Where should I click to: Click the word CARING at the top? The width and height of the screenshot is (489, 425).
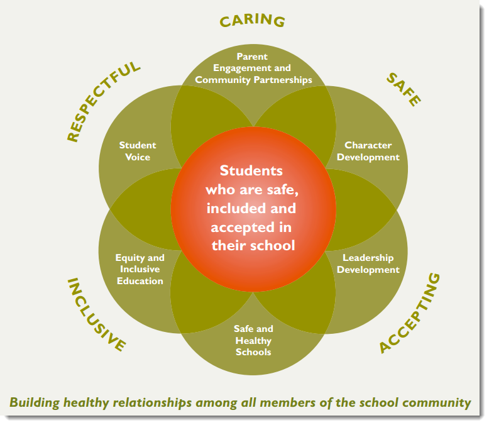point(252,20)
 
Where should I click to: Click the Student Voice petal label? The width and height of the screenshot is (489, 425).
point(138,151)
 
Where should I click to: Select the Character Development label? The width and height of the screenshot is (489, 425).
point(368,151)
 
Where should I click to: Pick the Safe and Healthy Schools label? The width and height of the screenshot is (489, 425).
point(253,340)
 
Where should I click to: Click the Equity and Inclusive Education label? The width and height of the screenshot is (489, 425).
point(140,269)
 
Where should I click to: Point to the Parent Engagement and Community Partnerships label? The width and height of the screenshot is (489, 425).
point(253,68)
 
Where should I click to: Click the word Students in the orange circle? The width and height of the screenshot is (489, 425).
point(251,170)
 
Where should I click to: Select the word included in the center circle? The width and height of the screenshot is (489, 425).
point(236,207)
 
